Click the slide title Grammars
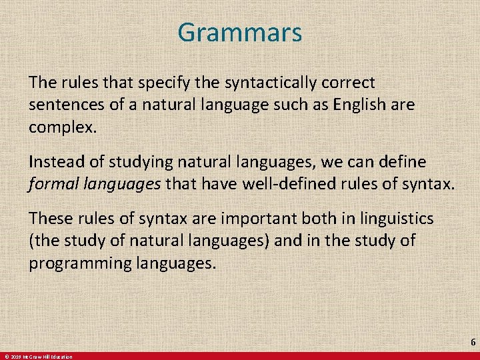(x=240, y=32)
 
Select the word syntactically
(x=261, y=83)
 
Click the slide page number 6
(x=473, y=342)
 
